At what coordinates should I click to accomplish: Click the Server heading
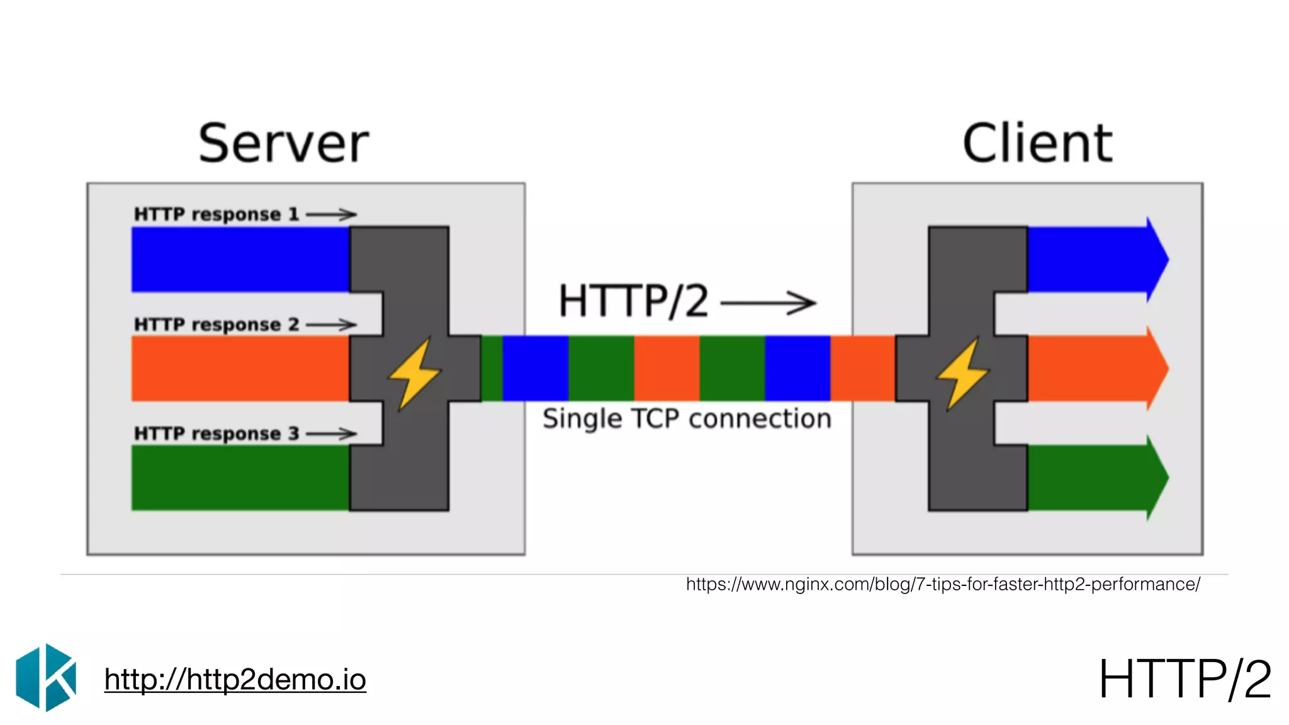(x=283, y=143)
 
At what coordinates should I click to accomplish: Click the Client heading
(x=1037, y=143)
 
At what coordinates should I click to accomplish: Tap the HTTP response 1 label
(x=216, y=215)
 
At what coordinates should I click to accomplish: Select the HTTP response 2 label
(x=216, y=325)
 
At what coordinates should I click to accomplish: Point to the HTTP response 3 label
(x=216, y=434)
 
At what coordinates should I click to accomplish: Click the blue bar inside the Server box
(x=240, y=259)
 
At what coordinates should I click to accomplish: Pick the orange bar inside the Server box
(x=240, y=368)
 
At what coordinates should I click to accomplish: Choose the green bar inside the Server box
(x=240, y=478)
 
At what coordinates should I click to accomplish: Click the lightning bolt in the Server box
(x=414, y=373)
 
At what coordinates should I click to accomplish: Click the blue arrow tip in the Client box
(x=1157, y=259)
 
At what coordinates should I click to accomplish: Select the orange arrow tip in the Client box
(x=1157, y=368)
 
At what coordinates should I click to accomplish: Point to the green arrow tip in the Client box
(x=1157, y=478)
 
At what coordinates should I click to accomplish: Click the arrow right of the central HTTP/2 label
(x=768, y=303)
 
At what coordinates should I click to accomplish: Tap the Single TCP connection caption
(x=687, y=419)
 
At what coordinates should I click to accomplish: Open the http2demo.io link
(x=235, y=680)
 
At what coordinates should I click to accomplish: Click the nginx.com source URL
(x=943, y=584)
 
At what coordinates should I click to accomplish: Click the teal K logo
(x=46, y=677)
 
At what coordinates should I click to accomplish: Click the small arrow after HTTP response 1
(x=331, y=215)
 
